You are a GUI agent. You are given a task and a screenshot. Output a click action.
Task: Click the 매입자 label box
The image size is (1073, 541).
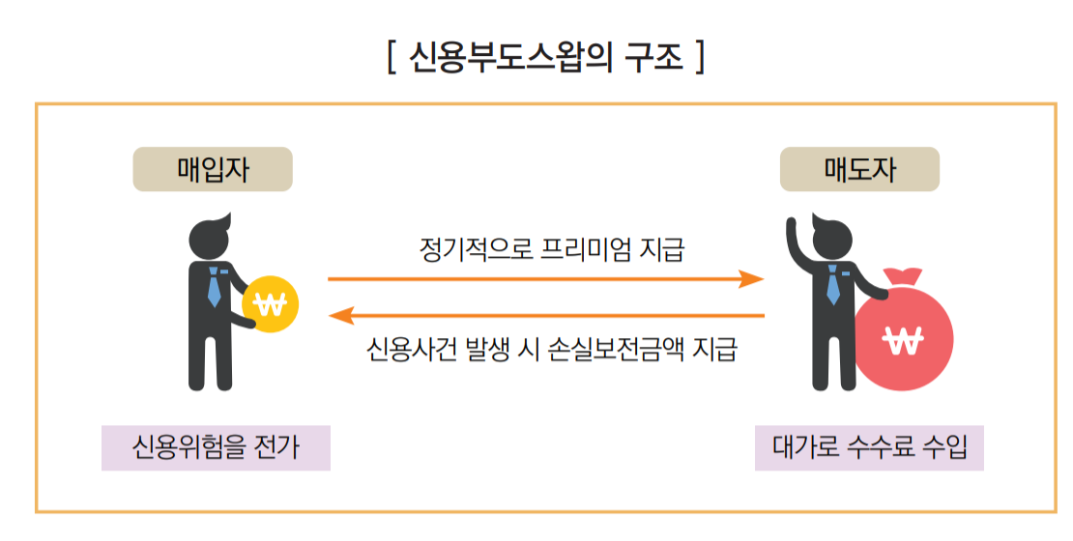[x=213, y=169]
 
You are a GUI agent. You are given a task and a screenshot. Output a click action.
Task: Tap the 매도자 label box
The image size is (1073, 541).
[x=859, y=169]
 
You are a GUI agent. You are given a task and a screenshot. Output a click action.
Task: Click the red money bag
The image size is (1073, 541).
[x=904, y=333]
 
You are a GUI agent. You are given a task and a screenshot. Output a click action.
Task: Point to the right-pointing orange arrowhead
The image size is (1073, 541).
[x=752, y=279]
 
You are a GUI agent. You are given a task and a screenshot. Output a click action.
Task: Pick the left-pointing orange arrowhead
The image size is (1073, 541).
[x=342, y=315]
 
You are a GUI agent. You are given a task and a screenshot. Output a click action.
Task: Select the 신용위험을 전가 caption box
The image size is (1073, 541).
[x=216, y=448]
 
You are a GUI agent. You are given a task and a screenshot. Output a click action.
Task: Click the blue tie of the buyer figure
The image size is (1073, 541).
[x=214, y=286]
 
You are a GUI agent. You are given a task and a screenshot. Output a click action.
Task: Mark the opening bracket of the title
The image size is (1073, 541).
[x=390, y=57]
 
